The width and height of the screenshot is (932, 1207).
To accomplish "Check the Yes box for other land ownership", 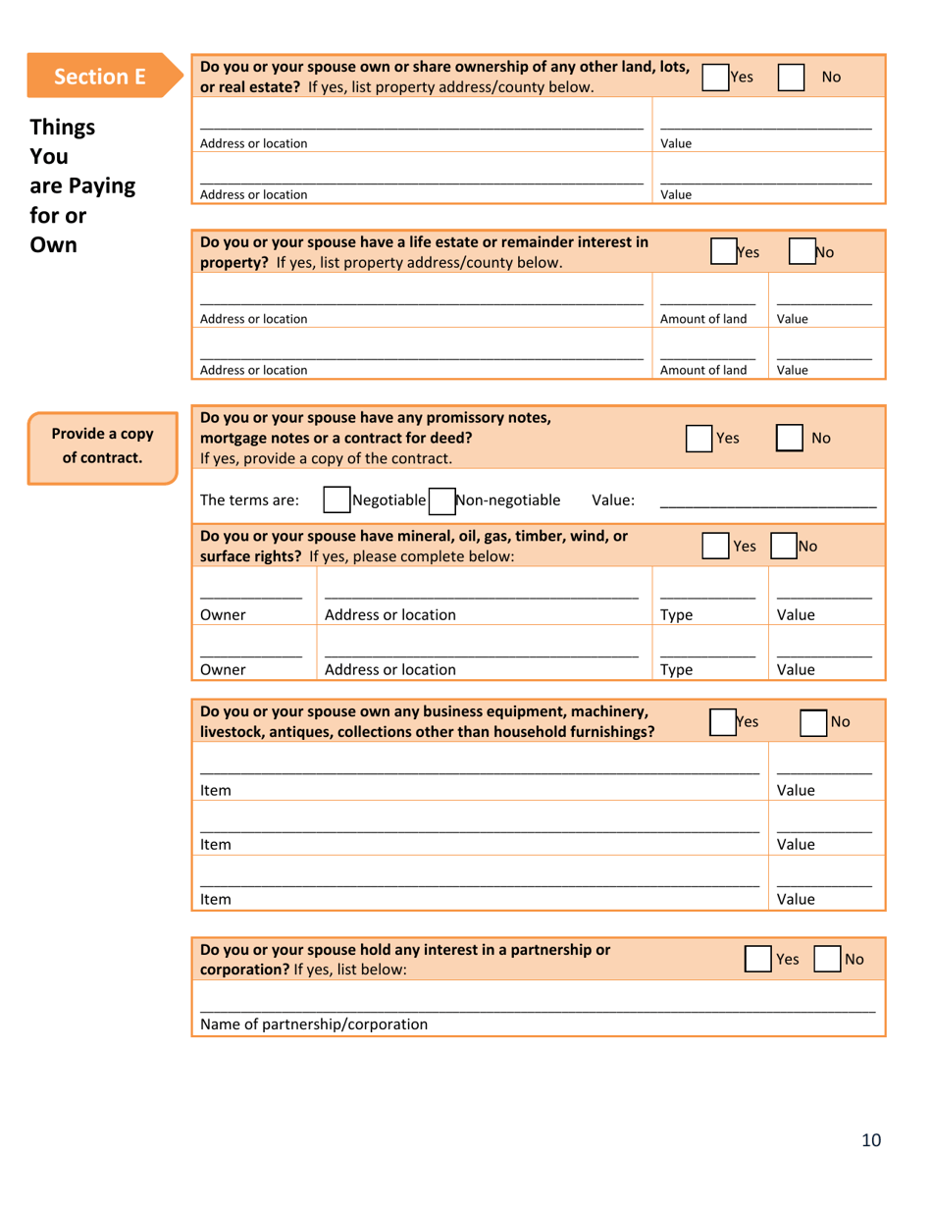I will pyautogui.click(x=716, y=77).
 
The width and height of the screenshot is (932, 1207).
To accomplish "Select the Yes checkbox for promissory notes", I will pyautogui.click(x=699, y=438).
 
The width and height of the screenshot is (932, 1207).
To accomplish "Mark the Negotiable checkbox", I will pyautogui.click(x=337, y=500).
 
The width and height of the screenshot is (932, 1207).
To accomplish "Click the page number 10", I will pyautogui.click(x=871, y=1139).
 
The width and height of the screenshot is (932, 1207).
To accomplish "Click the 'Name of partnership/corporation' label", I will pyautogui.click(x=314, y=1024).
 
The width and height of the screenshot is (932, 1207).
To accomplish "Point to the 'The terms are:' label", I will pyautogui.click(x=249, y=500).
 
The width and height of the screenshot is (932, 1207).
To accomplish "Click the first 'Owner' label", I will pyautogui.click(x=222, y=615).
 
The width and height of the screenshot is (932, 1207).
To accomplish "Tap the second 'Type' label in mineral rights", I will pyautogui.click(x=676, y=671).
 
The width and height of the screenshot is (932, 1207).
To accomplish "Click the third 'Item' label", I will pyautogui.click(x=215, y=898).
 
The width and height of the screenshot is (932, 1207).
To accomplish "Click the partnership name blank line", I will pyautogui.click(x=537, y=1011).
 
